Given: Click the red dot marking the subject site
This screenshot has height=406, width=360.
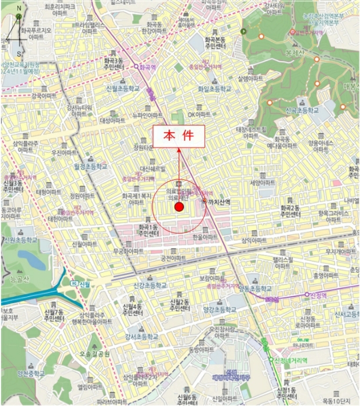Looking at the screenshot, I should pos(179,207).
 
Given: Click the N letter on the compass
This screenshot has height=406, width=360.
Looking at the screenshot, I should pos(19,9).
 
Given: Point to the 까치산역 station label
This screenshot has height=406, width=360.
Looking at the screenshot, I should pos(219,202).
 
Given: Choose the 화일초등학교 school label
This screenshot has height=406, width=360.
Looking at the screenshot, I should pos(214,89).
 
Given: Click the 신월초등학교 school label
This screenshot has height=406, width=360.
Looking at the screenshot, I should pos(123,89).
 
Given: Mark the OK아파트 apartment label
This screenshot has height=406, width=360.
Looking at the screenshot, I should pos(199,115).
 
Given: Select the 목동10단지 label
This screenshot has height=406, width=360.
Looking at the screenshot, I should pos(337,401).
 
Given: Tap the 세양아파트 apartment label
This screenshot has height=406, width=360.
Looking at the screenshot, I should pos(260,183).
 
